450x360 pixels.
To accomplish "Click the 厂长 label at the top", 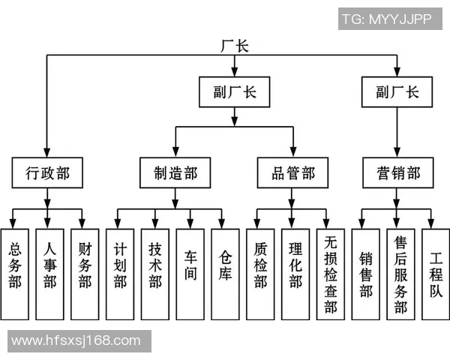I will [x=234, y=46].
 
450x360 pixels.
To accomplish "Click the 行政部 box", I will [x=46, y=173].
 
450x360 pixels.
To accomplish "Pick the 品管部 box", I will [x=292, y=173].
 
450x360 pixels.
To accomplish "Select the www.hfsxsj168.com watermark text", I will [x=76, y=341].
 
